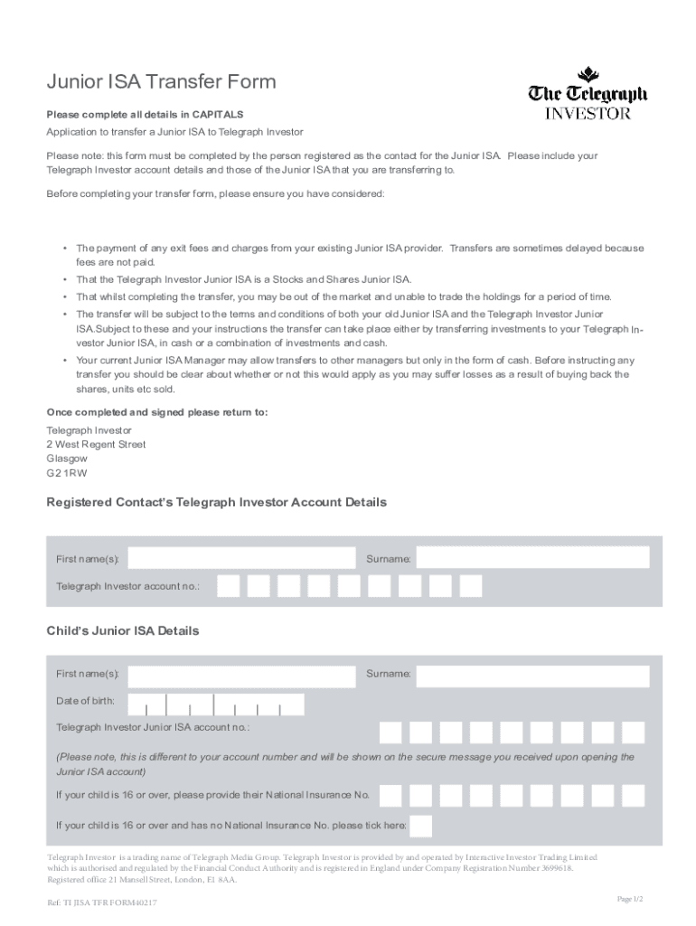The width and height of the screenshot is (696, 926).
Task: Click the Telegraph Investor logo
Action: pos(588,93)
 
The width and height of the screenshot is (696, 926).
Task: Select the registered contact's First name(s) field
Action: pos(242,559)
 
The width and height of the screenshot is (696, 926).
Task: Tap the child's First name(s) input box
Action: pos(242,676)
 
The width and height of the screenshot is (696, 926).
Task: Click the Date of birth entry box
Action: pos(216,704)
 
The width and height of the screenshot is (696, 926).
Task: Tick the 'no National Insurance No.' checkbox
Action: pos(420,826)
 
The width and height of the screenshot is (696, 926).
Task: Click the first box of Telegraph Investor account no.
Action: pos(229,586)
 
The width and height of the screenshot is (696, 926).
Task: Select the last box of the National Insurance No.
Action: pos(633,796)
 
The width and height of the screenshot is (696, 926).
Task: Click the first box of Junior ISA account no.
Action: pos(390,732)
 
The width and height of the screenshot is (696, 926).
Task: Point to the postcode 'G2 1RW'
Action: pos(67,473)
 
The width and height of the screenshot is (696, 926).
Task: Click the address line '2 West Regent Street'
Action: pos(96,444)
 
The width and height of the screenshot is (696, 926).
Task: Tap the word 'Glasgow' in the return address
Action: pos(67,458)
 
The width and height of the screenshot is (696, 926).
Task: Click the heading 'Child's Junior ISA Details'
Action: pos(122,630)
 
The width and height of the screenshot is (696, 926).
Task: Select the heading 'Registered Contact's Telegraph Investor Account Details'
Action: pos(216,502)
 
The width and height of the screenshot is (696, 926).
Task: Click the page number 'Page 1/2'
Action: pos(629,898)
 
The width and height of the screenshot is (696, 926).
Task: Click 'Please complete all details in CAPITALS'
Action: pos(145,115)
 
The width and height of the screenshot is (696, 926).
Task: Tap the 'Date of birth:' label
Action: pos(85,701)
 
